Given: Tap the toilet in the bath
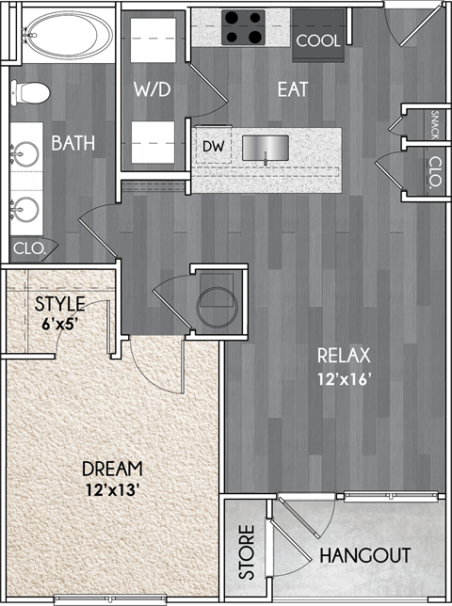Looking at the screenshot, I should pos(30,94).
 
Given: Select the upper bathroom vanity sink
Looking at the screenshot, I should pos(25,152).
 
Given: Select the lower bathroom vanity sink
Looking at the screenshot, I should pos(25,206).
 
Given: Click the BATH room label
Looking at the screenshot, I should pos(73,143).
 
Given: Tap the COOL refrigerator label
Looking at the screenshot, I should pos(316,41).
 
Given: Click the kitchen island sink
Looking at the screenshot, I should pos(266,148).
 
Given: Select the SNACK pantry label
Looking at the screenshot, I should pos(434,123).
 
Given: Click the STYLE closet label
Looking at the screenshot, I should pos(59,304).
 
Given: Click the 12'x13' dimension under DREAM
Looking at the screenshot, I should pos(111,488).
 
